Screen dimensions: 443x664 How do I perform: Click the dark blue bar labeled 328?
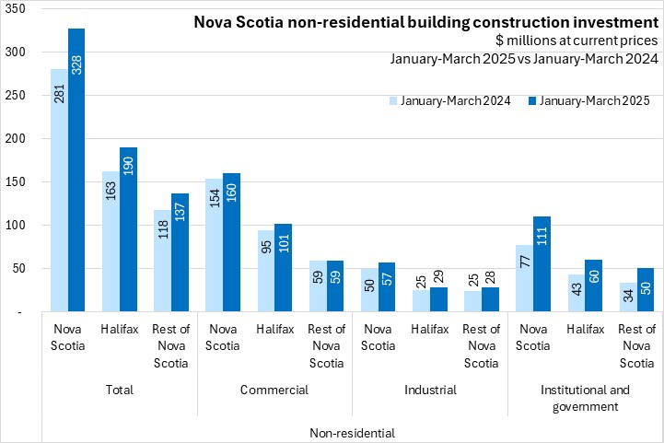pyautogui.click(x=76, y=170)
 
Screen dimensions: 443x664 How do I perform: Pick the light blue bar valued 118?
pyautogui.click(x=162, y=262)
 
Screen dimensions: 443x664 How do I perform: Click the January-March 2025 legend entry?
pyautogui.click(x=590, y=99)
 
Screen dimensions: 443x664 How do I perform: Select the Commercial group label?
pyautogui.click(x=274, y=390)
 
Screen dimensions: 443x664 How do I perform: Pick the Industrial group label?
pyautogui.click(x=430, y=390)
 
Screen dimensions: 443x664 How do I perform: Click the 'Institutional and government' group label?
pyautogui.click(x=585, y=397)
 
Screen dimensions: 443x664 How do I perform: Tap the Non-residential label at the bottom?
pyautogui.click(x=353, y=432)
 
